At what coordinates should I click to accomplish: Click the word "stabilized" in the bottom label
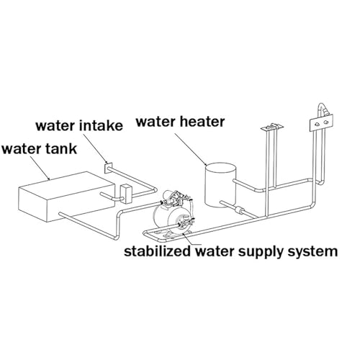pos(157,251)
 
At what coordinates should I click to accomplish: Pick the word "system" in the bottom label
pos(313,252)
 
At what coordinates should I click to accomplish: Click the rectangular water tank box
pos(67,197)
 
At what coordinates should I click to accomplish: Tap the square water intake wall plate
pos(108,168)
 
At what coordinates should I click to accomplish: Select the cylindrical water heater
pos(220,185)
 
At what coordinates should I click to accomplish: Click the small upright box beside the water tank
pos(125,194)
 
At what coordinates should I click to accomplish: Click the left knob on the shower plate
pos(317,124)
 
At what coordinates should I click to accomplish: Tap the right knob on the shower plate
pos(325,122)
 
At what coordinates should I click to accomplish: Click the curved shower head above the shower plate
pos(323,108)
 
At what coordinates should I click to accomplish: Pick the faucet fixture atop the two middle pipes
pos(272,127)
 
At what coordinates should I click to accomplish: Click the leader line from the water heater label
pos(191,149)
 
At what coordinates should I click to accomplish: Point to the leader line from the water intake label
pos(94,148)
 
